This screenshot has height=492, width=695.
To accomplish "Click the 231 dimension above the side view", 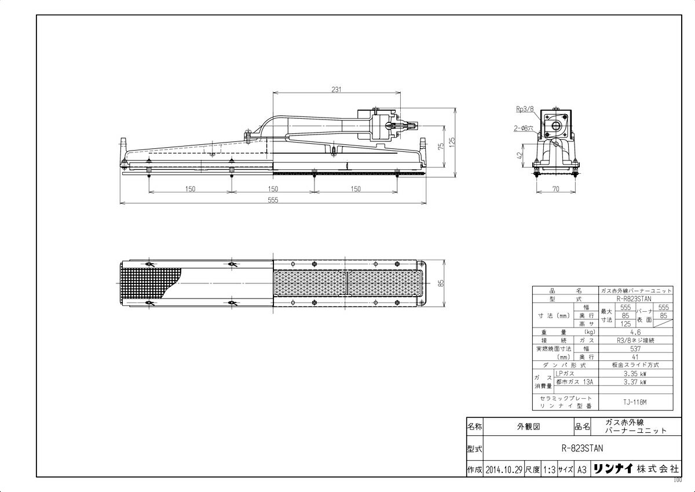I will [x=336, y=89].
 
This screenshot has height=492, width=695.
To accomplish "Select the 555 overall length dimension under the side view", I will [x=273, y=200].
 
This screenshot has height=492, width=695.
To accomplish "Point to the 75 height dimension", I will [x=441, y=147].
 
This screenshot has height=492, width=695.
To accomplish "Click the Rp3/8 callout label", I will [x=524, y=108].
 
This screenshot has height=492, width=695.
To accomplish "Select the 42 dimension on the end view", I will [x=521, y=155].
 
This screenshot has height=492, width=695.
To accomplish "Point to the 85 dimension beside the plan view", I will [x=441, y=283].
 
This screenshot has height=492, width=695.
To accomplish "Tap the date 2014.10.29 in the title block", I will [x=504, y=470].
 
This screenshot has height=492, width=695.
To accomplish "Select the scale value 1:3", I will [x=549, y=470].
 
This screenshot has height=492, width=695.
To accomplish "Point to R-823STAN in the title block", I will [x=582, y=448].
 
